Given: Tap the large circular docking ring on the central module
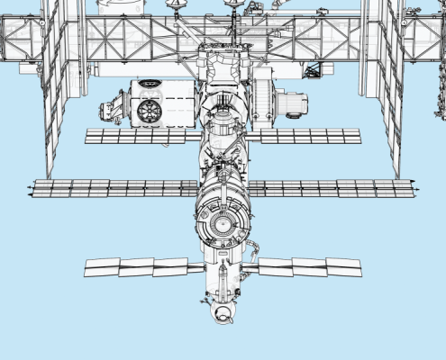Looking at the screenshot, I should coord(223,219).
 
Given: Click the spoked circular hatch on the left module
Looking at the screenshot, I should coord(150,111).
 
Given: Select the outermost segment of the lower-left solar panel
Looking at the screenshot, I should coord(102,267).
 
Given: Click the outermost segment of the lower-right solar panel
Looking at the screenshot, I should coord(343,267).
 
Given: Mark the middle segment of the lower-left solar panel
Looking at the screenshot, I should coord(136,266).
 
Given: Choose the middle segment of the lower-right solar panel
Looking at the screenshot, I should coord(309,267).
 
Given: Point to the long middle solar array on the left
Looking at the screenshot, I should coord(113,189).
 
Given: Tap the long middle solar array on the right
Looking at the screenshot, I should coord(332,189).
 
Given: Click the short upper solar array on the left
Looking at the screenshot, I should coord(140,136).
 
